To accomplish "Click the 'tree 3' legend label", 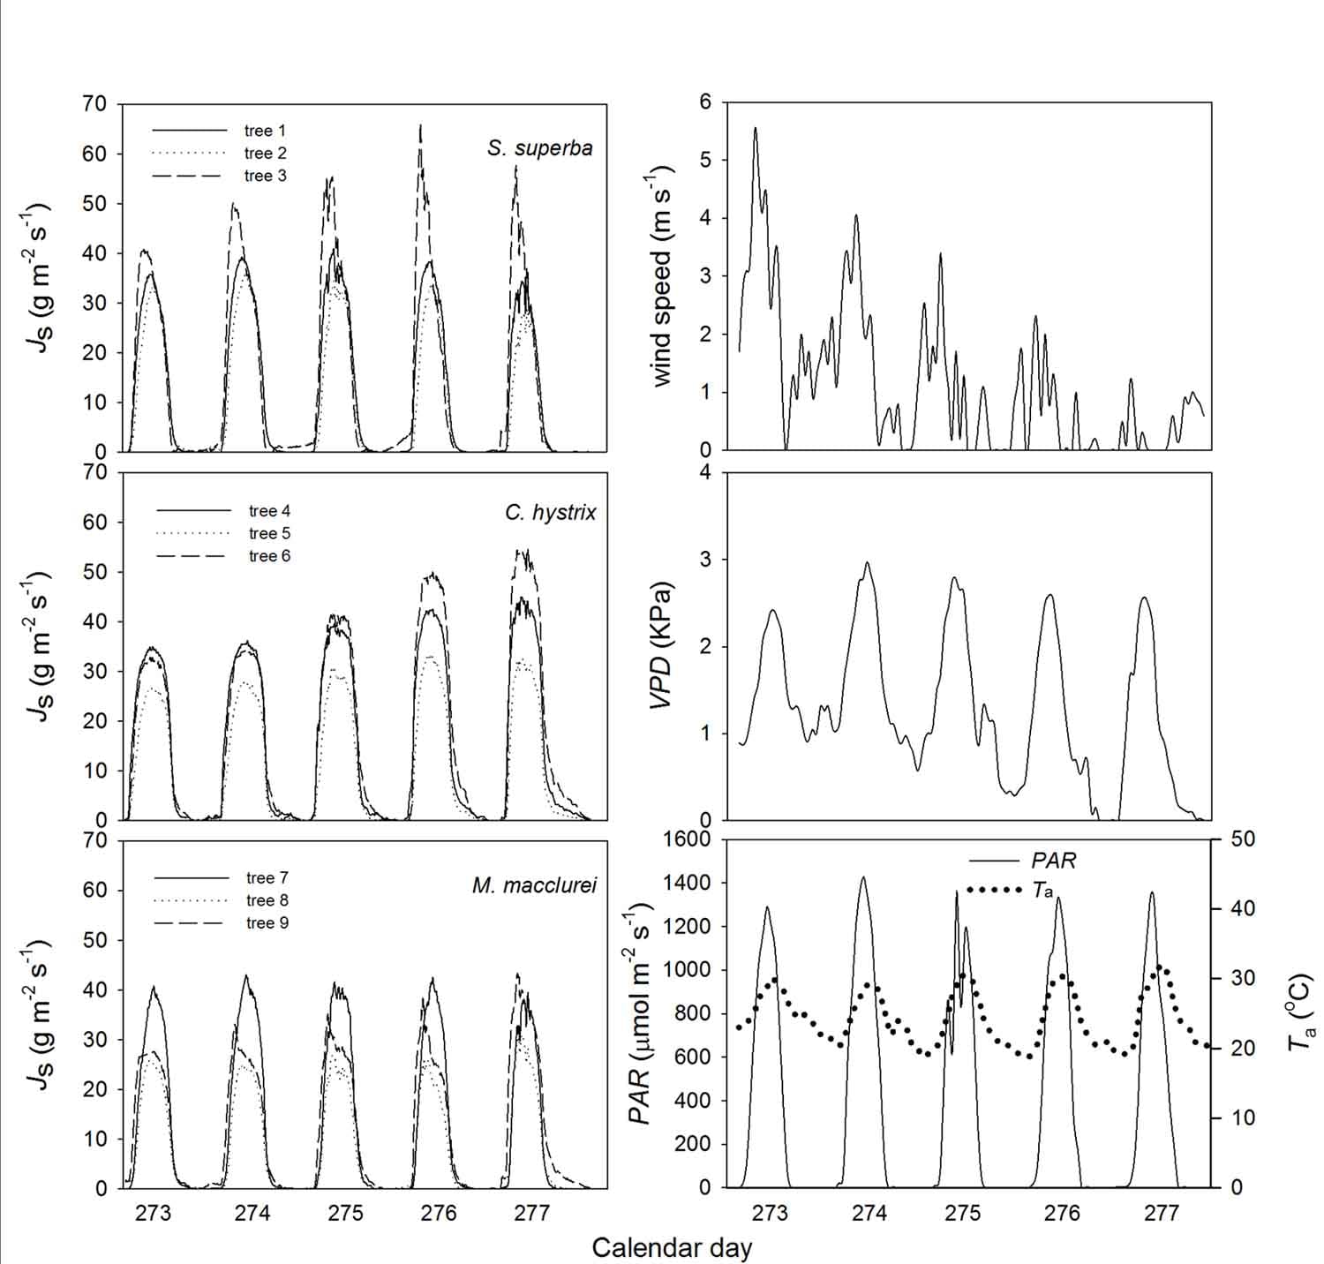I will click(265, 176).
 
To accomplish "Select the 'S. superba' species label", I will click(539, 147).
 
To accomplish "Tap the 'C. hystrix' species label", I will click(551, 512).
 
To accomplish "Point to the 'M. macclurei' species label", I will click(534, 885).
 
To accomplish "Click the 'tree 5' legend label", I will click(269, 533).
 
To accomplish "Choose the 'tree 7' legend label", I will click(267, 877).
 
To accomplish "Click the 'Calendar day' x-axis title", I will click(672, 1247).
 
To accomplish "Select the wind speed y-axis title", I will click(662, 275).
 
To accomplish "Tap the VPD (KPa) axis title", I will click(662, 646).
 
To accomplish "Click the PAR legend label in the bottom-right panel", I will click(1053, 860).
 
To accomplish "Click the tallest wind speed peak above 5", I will click(755, 129).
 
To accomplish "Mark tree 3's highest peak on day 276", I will click(420, 125).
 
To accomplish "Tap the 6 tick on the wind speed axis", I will click(704, 102).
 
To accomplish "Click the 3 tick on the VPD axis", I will click(704, 560).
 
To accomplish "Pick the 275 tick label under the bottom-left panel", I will click(345, 1213).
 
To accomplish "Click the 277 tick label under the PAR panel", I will click(1161, 1213).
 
